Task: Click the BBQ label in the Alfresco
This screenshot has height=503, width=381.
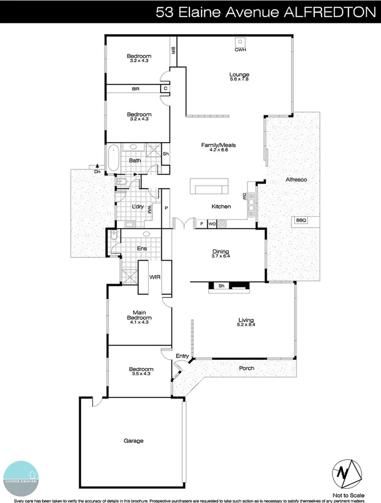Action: (x=301, y=220)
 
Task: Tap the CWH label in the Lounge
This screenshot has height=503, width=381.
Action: (x=240, y=50)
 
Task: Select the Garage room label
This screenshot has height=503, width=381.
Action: (x=134, y=441)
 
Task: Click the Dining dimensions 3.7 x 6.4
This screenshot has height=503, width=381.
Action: (x=220, y=256)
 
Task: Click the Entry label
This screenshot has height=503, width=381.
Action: (x=182, y=356)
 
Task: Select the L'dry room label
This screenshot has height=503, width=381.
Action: (x=138, y=207)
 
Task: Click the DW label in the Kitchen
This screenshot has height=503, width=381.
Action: (x=244, y=196)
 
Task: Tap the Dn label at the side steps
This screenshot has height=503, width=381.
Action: (x=97, y=172)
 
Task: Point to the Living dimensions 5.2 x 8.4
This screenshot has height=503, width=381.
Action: (x=245, y=324)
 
